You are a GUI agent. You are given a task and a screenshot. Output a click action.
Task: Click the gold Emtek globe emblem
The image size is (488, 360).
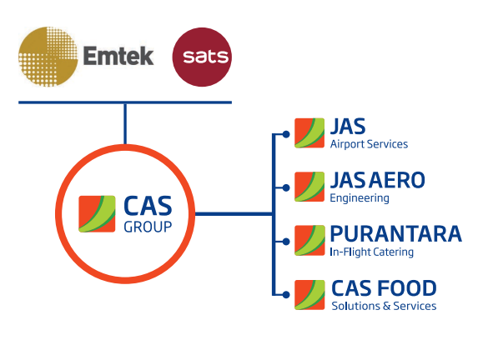(x=48, y=57)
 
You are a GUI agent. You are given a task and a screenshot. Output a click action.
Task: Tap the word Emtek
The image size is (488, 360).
(x=118, y=56)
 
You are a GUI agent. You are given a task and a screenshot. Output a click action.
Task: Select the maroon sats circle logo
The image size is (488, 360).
(x=202, y=57)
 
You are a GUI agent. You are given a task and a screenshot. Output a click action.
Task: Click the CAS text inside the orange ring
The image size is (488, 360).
(x=148, y=206)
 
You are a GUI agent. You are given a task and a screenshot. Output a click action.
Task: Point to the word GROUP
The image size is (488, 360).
(x=148, y=227)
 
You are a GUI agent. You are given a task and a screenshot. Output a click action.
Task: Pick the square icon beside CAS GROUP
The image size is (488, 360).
(x=97, y=214)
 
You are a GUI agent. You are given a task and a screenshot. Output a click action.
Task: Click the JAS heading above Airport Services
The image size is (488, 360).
(x=348, y=127)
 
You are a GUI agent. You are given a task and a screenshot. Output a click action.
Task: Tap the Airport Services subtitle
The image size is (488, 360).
(x=369, y=144)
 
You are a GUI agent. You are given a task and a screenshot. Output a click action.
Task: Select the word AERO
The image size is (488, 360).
(x=397, y=180)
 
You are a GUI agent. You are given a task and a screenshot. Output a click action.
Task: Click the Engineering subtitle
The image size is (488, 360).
(x=360, y=198)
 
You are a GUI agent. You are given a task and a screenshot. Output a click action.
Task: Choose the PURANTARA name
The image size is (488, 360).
(x=396, y=234)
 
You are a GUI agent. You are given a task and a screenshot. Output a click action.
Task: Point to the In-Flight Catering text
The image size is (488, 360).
(x=372, y=252)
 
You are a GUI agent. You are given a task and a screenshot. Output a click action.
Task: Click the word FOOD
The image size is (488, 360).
(x=408, y=288)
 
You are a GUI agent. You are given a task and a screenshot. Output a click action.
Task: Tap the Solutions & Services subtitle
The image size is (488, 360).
(x=384, y=306)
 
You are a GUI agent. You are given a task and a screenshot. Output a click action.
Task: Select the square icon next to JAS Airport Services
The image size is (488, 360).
(x=309, y=133)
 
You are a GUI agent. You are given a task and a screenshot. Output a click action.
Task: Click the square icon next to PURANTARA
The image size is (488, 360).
(x=309, y=241)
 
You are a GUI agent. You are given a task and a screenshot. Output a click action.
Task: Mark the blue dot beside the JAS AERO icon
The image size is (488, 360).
(x=286, y=187)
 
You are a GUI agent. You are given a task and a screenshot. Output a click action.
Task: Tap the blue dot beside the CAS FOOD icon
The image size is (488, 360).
(x=286, y=295)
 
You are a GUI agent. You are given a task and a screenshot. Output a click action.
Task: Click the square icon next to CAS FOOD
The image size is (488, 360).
(x=309, y=295)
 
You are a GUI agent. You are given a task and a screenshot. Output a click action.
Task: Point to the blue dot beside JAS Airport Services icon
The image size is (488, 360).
(x=286, y=134)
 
